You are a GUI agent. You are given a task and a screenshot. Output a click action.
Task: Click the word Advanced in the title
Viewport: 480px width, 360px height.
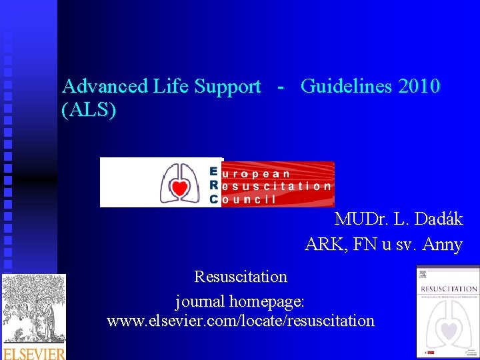pos(105,86)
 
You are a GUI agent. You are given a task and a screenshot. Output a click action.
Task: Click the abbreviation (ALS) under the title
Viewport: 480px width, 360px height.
pos(89,109)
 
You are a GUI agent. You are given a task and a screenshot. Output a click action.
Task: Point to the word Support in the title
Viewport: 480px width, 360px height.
pos(228,87)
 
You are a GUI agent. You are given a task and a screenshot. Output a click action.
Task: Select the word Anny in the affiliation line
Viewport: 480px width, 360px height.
pos(441,245)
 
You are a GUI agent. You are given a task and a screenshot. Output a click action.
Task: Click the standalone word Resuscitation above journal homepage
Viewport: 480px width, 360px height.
pos(240,276)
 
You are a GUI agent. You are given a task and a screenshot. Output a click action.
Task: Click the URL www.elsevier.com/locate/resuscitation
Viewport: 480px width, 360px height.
pos(240,321)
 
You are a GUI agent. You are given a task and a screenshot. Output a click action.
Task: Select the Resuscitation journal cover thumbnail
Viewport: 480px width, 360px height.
pos(447,311)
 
